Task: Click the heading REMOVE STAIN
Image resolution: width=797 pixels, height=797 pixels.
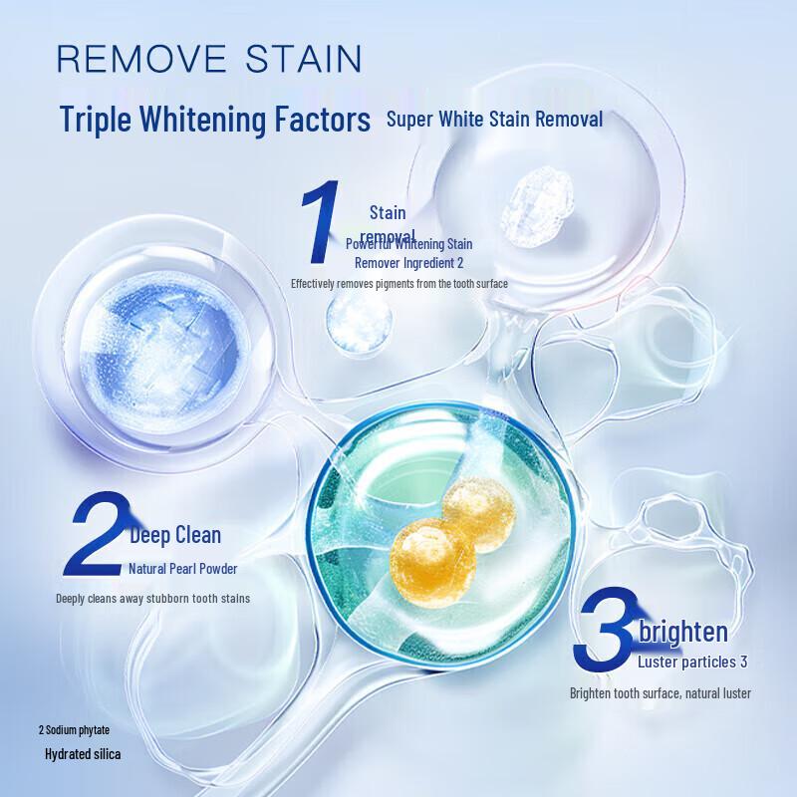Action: [208, 58]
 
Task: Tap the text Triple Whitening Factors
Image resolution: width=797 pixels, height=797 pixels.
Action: [215, 120]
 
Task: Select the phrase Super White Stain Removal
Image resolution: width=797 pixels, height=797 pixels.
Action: [494, 120]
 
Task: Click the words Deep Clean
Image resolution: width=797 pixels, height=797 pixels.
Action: [176, 535]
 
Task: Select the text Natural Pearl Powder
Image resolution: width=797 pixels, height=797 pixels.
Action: [182, 569]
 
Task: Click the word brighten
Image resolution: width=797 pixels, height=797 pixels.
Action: [683, 631]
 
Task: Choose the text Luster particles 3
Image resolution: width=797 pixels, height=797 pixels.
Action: [691, 661]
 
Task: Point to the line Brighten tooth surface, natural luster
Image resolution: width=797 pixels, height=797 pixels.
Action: [660, 692]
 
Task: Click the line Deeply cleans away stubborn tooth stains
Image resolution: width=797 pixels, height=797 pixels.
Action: [152, 598]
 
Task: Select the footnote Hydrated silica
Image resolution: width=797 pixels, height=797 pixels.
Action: [83, 754]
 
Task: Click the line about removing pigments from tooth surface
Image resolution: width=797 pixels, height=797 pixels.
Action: [399, 284]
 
